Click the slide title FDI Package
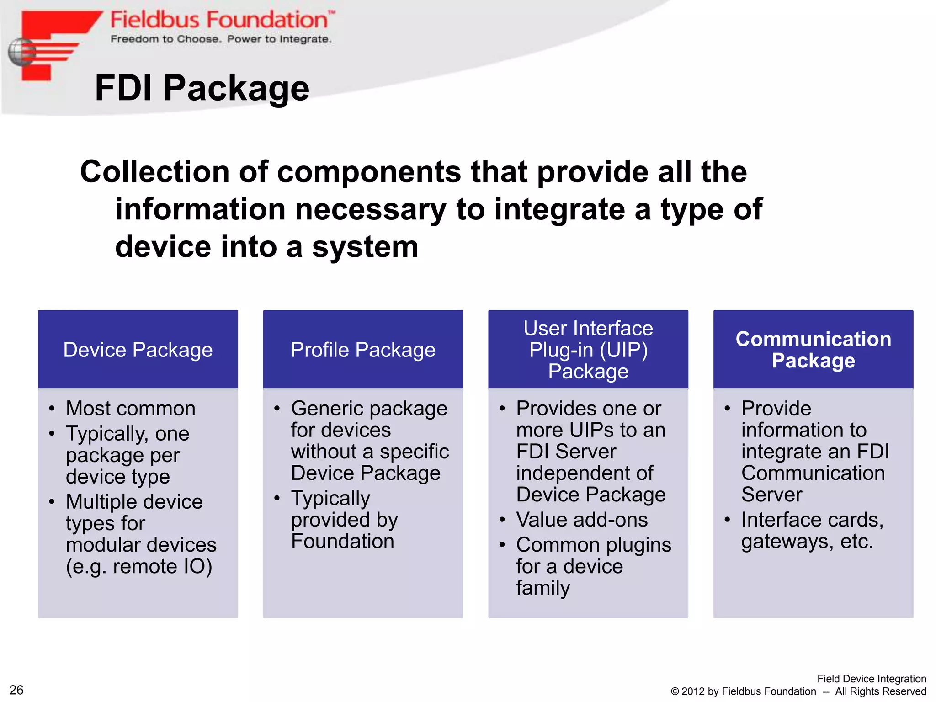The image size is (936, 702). coord(202,88)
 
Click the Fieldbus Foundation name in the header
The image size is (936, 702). coord(219,20)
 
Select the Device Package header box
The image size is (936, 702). coord(138,350)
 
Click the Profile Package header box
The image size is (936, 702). coord(363,350)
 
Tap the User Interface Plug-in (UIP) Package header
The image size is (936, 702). coord(588,350)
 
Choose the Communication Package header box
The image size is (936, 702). coord(813,350)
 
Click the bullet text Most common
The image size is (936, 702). coord(131,408)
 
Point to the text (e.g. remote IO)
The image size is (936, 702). coord(139,566)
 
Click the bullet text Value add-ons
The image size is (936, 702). coord(582,520)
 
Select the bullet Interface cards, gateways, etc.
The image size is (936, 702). coord(812,530)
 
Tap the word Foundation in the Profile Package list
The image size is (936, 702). coord(342,541)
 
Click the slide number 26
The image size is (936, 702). coord(16,690)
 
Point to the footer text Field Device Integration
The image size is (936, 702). coord(871,679)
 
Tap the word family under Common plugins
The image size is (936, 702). coord(543,588)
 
